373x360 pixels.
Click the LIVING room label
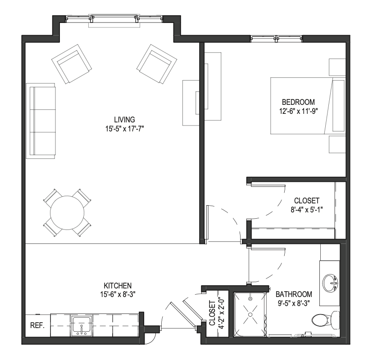coord(124,119)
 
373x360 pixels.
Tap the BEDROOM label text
coord(298,102)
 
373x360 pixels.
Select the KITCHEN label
coord(118,285)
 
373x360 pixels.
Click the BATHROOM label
coord(294,294)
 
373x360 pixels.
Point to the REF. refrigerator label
coord(37,325)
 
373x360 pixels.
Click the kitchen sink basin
coord(82,326)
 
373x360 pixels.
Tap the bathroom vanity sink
coord(330,283)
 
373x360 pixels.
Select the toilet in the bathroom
coord(326,320)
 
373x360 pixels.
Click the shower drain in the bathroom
coord(250,315)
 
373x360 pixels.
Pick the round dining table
coord(67,213)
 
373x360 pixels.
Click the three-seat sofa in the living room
coord(41,121)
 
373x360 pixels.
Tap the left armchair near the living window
coord(72,64)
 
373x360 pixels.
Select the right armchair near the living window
coord(157,64)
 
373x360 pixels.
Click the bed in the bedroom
coord(308,106)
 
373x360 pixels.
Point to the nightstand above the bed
coord(337,67)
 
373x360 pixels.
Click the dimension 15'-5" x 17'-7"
coord(125,129)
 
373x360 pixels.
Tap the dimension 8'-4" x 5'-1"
coord(307,210)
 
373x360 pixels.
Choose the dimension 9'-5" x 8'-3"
coord(294,303)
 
